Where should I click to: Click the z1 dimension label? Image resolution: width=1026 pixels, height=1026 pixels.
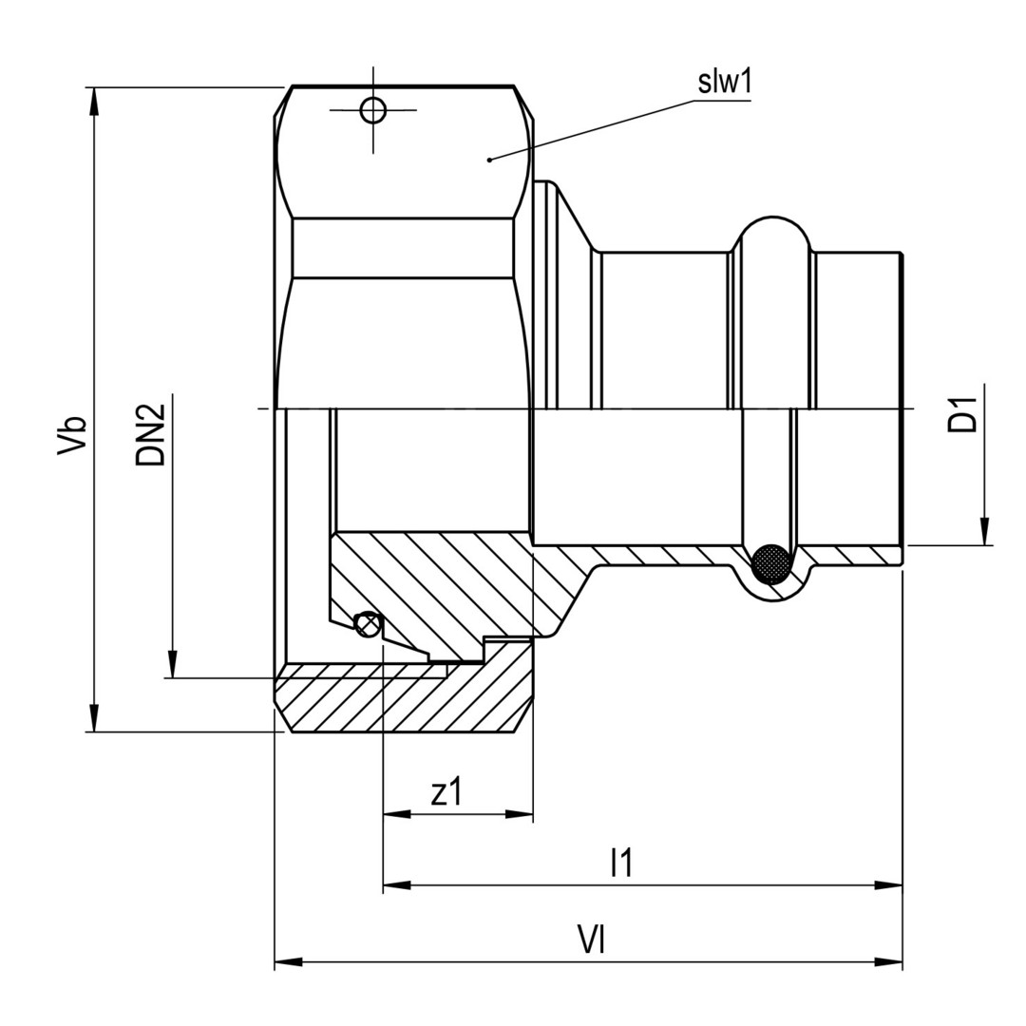tap(446, 792)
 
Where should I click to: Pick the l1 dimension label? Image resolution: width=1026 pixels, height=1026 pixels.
tap(621, 863)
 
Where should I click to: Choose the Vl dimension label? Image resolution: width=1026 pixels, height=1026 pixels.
tap(591, 940)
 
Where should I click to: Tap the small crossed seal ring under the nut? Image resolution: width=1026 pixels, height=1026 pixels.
tap(367, 623)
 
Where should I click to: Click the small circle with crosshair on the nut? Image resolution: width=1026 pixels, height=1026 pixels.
tap(373, 110)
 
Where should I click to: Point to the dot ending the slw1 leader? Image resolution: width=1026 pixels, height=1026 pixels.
tap(489, 159)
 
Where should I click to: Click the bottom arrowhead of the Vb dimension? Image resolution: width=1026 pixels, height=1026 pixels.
tap(95, 718)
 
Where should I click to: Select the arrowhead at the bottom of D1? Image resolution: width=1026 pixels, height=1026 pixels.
tap(984, 531)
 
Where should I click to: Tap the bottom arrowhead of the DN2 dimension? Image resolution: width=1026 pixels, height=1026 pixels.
tap(172, 664)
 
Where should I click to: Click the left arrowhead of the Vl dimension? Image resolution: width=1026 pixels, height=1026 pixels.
tap(289, 961)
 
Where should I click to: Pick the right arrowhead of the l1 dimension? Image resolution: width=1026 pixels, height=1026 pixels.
tap(888, 885)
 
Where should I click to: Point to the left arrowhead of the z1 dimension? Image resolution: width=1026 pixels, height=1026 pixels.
tap(397, 815)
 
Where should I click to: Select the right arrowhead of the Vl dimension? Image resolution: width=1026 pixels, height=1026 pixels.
tap(888, 961)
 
